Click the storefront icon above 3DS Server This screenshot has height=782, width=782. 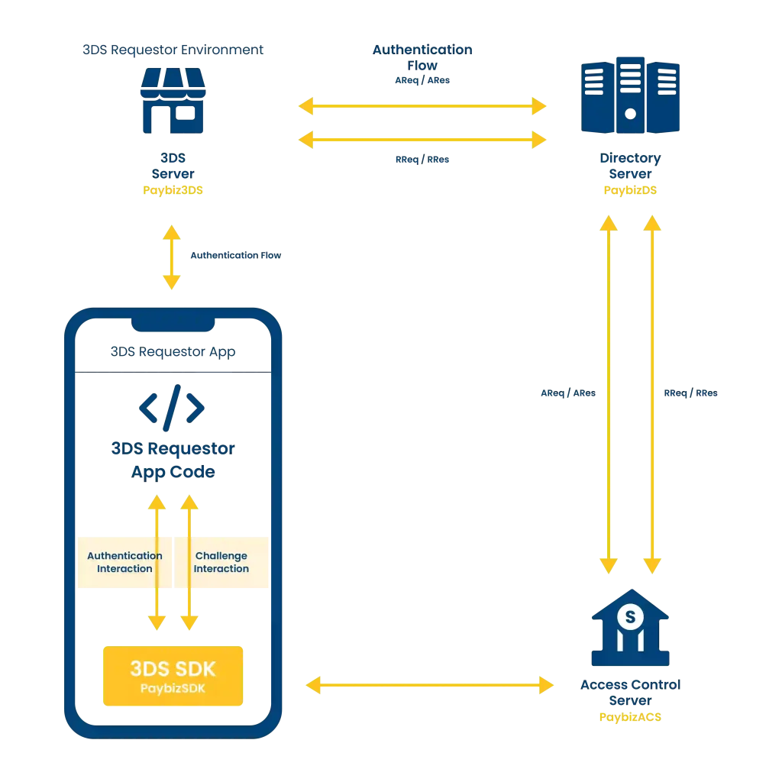(173, 100)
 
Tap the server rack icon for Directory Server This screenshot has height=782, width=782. (630, 95)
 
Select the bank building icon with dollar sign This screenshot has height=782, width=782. (630, 628)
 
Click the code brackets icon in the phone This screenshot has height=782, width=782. (172, 408)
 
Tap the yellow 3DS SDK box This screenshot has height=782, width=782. (173, 676)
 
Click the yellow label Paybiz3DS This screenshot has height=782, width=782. (173, 190)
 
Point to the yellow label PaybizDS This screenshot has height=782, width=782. (630, 190)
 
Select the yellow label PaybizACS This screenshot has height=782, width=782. (630, 717)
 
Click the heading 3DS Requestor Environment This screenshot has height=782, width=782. (173, 50)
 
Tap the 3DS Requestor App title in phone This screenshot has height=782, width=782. (173, 352)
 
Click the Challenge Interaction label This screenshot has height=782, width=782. (221, 562)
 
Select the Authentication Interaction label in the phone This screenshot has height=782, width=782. (124, 562)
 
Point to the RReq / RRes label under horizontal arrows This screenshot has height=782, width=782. (422, 160)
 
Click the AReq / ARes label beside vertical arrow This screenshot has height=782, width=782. (568, 393)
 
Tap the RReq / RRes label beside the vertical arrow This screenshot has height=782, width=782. (690, 393)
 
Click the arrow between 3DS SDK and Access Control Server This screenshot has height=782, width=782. (430, 685)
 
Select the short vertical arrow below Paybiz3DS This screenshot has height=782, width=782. (172, 257)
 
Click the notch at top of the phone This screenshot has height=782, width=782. (173, 325)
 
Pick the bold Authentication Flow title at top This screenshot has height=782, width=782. (422, 57)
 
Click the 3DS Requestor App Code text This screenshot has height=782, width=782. (173, 460)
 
